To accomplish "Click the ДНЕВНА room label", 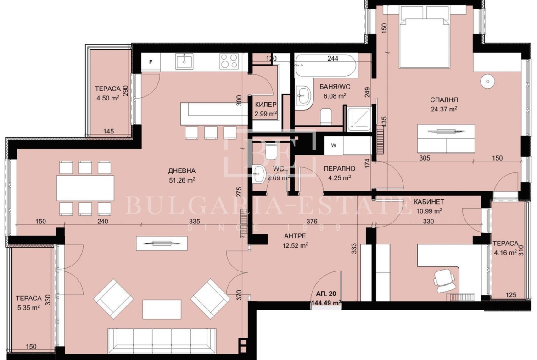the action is click(x=181, y=171).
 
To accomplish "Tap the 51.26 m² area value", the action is click(x=182, y=180).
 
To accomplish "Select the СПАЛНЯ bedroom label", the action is click(x=444, y=100).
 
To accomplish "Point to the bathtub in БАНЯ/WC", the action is click(x=326, y=65).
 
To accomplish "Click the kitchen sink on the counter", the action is click(x=185, y=61).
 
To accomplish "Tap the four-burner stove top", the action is click(x=229, y=61).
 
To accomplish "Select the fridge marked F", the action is click(x=151, y=62).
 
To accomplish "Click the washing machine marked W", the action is click(x=334, y=145).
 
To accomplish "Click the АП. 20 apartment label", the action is click(x=326, y=294).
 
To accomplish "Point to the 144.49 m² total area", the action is click(x=326, y=303).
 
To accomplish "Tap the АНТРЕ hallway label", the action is click(x=295, y=236).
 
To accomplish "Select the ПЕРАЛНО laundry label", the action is click(x=339, y=169).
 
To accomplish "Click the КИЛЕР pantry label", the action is click(x=266, y=105).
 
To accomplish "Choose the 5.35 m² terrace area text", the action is click(x=29, y=308).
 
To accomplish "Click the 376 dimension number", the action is click(x=312, y=222).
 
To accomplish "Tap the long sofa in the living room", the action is click(x=162, y=342).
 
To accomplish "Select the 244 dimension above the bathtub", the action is click(x=333, y=59).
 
